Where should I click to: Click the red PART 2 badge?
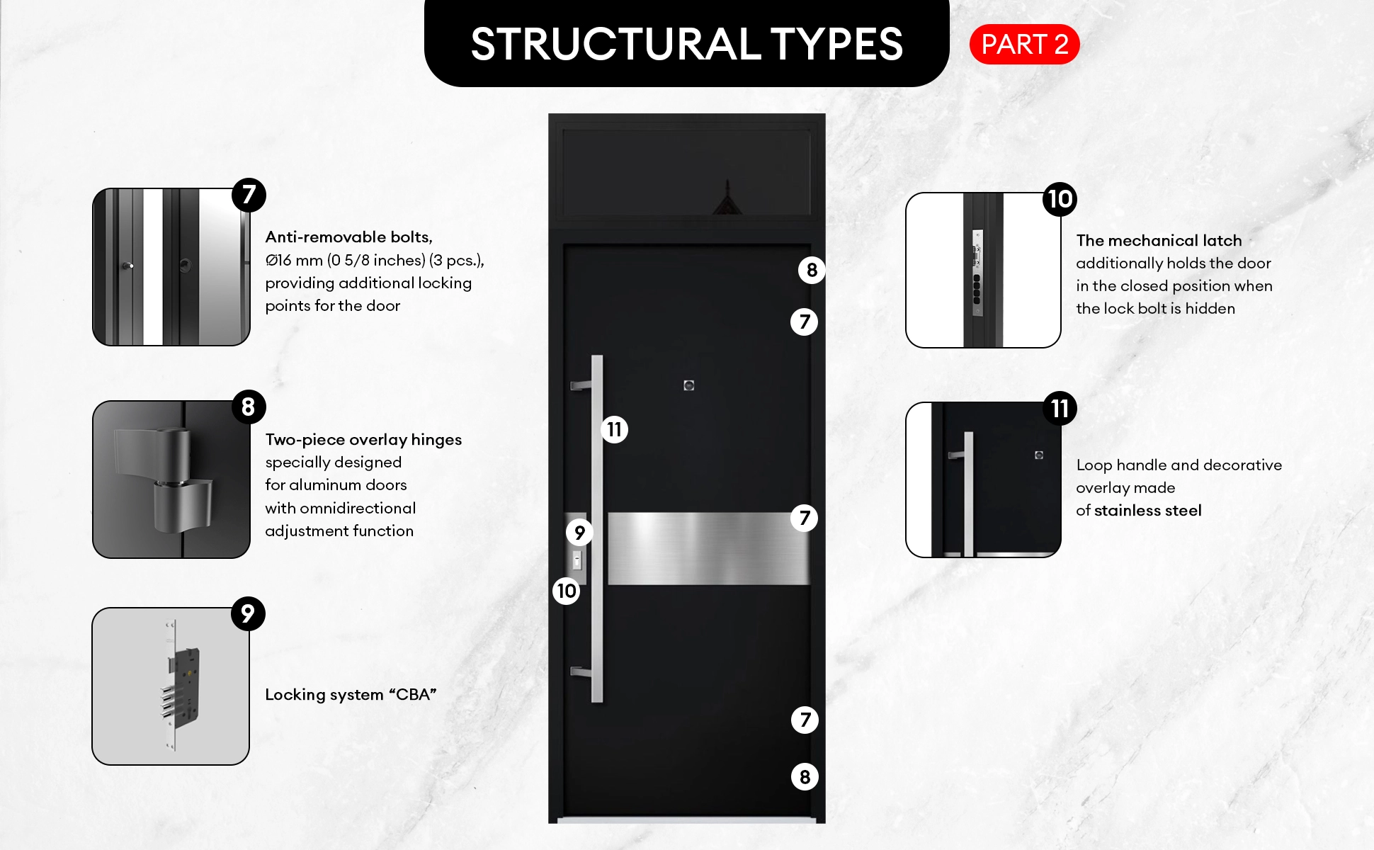[x=1024, y=45]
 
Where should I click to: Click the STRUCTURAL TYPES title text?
[x=686, y=44]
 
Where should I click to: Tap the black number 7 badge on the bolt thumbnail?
[x=249, y=195]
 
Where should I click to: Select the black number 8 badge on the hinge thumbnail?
[x=249, y=407]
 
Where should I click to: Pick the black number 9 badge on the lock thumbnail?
[x=248, y=613]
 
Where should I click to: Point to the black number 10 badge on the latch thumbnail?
[x=1060, y=199]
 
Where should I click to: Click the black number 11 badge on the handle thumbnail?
[x=1060, y=409]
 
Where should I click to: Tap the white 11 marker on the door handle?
[x=614, y=429]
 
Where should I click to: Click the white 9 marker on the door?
[x=579, y=532]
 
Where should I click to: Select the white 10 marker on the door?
[x=567, y=591]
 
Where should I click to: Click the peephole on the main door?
[x=689, y=385]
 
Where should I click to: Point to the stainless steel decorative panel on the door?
[x=708, y=549]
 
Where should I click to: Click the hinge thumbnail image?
[x=171, y=480]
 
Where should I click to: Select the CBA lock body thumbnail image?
[x=171, y=686]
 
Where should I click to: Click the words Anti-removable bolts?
[x=349, y=237]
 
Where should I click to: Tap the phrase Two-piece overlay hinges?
[x=363, y=440]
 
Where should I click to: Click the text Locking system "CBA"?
[x=351, y=695]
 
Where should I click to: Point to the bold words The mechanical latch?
[x=1159, y=241]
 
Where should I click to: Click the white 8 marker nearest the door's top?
[x=812, y=270]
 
